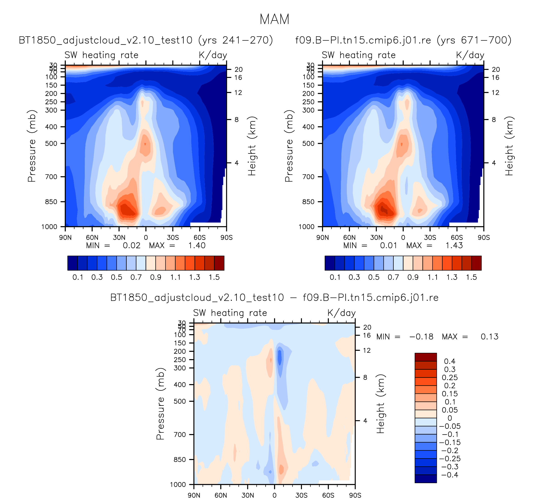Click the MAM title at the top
(274, 19)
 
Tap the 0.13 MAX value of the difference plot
(489, 337)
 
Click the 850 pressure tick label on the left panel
(51, 202)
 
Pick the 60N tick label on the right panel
(349, 238)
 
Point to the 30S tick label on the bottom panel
(301, 495)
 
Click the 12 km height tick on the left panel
(238, 93)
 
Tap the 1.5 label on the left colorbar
(214, 277)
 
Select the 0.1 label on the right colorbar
(335, 277)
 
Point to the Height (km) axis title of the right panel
(509, 146)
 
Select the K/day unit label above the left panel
(213, 55)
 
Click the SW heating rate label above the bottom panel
(230, 313)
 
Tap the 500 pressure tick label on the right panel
(308, 143)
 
